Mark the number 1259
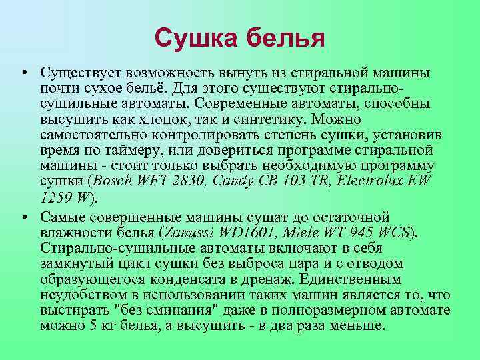57,197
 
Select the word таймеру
134,149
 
